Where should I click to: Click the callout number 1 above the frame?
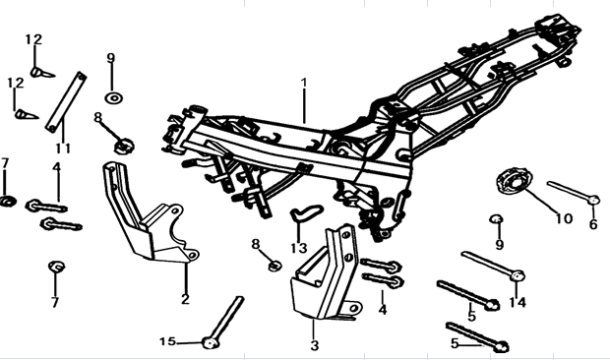coord(304,83)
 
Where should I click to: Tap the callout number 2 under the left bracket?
coord(185,299)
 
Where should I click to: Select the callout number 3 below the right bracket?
coord(314,345)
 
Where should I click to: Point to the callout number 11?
coord(63,149)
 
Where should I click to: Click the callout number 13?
coord(299,248)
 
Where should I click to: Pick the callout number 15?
coord(167,341)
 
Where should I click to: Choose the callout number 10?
coord(564,219)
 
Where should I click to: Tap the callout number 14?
coord(518,302)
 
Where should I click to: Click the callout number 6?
coord(593,224)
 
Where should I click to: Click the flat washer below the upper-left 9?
coord(113,97)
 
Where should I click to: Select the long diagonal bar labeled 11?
coord(66,102)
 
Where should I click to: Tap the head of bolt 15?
coord(211,343)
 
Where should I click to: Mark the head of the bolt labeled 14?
coord(517,275)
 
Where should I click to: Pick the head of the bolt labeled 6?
coord(593,200)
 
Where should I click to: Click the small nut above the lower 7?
coord(56,267)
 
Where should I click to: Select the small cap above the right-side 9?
coord(496,218)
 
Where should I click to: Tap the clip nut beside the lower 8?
coord(275,266)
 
